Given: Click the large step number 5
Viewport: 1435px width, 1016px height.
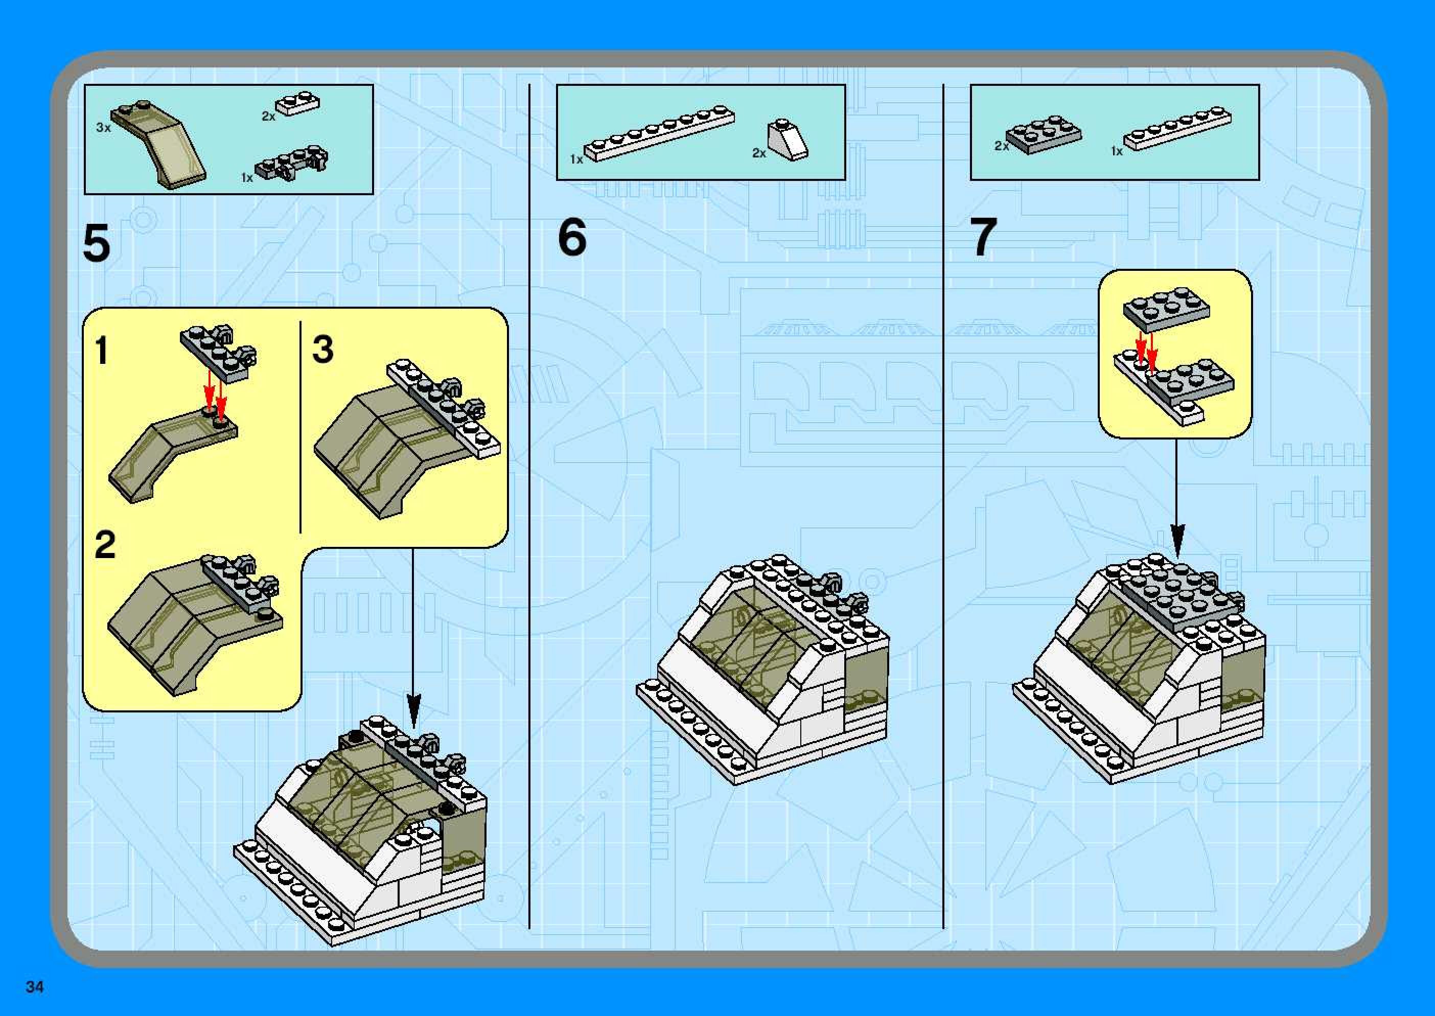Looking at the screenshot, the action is [x=97, y=245].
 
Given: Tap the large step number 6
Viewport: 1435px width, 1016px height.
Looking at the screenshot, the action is [x=572, y=238].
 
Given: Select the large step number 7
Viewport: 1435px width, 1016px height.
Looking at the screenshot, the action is [x=983, y=238].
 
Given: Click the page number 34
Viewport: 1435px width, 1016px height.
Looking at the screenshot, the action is [x=34, y=986].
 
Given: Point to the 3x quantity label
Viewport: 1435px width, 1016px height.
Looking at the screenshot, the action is [x=103, y=128].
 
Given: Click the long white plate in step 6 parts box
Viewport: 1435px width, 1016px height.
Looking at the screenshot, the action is [x=659, y=134].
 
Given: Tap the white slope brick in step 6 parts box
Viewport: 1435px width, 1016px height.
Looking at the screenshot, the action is [x=788, y=140].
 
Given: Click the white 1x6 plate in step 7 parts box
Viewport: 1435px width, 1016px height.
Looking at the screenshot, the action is [x=1178, y=129].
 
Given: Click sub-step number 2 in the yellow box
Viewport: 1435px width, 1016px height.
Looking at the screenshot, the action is [x=105, y=545].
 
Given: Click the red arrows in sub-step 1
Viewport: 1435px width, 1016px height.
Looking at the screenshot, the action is [x=215, y=395].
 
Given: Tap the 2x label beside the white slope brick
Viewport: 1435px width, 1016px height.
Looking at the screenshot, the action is [x=759, y=153].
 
